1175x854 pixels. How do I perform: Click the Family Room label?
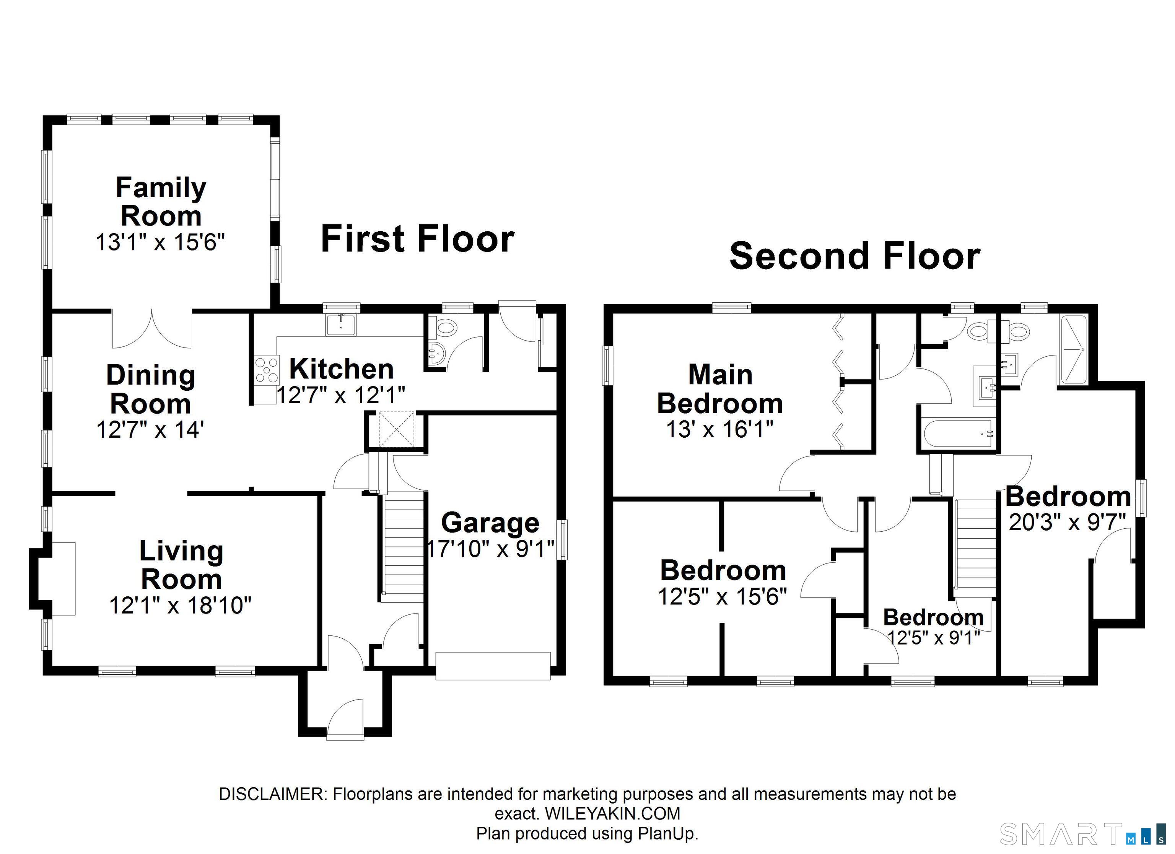point(161,201)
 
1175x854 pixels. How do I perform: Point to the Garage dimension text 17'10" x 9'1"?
point(490,549)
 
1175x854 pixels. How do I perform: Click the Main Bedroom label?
point(720,388)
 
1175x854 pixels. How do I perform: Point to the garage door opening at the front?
point(493,666)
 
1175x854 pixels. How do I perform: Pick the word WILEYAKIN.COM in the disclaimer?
point(612,813)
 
